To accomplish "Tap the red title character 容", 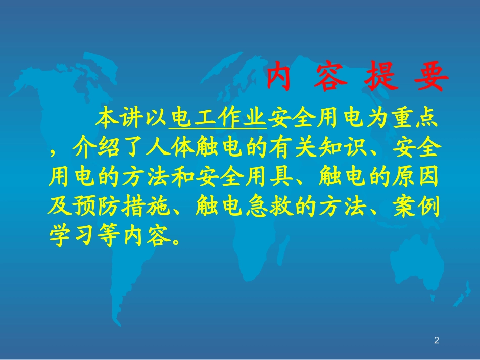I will tap(330, 77).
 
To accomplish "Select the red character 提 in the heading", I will tap(382, 77).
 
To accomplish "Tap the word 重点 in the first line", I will tap(415, 120).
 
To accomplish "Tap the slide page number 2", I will tap(437, 340).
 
